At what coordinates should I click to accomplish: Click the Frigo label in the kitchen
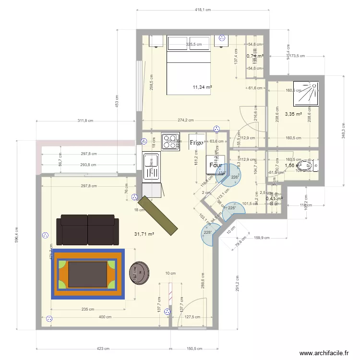click(x=196, y=143)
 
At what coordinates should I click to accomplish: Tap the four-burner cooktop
click(x=170, y=141)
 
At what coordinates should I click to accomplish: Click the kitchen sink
click(x=151, y=166)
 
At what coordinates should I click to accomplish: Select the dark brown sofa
click(x=87, y=229)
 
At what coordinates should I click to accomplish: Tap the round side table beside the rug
click(x=139, y=272)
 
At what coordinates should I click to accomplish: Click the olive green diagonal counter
click(x=158, y=216)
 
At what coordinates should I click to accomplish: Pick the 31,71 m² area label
click(x=144, y=234)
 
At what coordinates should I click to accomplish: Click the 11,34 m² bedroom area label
click(x=202, y=87)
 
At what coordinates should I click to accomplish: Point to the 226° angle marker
click(x=235, y=177)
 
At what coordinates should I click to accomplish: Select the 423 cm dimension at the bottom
click(x=103, y=349)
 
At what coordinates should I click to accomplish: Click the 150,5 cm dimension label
click(x=194, y=349)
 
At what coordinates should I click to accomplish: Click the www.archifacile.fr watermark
click(x=324, y=353)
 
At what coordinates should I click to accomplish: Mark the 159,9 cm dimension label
click(x=262, y=238)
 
